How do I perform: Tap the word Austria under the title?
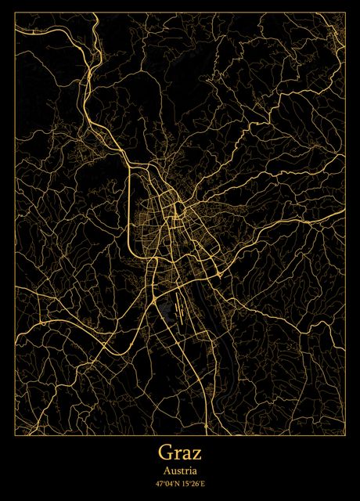pyautogui.click(x=180, y=471)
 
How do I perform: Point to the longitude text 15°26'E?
pyautogui.click(x=196, y=485)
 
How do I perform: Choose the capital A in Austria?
pyautogui.click(x=167, y=471)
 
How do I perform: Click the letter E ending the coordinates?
pyautogui.click(x=208, y=485)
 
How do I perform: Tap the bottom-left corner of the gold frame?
pyautogui.click(x=15, y=433)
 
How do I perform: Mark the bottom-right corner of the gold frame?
pyautogui.click(x=345, y=433)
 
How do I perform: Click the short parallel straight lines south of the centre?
pyautogui.click(x=181, y=306)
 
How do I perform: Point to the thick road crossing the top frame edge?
pyautogui.click(x=94, y=15)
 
